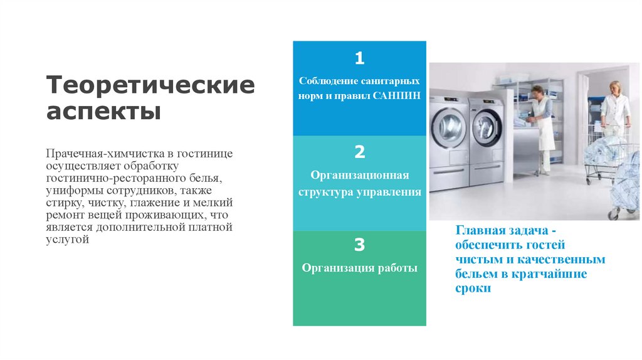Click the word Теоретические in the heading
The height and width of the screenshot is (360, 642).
[150, 85]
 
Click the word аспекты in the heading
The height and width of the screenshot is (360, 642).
[103, 112]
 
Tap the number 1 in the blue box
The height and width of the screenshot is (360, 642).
[359, 58]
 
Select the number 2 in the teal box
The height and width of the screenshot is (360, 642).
[359, 152]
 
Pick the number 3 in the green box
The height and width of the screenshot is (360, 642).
[359, 245]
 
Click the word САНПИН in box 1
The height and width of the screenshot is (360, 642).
[396, 96]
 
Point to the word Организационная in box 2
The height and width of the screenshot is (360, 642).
[359, 175]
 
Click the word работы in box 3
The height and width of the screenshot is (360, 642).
[397, 268]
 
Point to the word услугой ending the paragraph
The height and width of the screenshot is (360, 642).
[67, 240]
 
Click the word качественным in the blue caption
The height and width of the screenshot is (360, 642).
[561, 260]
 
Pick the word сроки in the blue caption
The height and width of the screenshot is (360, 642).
[473, 289]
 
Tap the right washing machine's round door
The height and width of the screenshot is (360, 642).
[487, 127]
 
